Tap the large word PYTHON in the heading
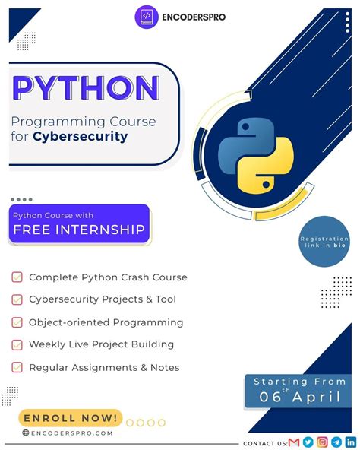pyautogui.click(x=85, y=89)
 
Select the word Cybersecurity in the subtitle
pyautogui.click(x=90, y=138)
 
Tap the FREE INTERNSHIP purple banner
pyautogui.click(x=79, y=224)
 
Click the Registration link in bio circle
pyautogui.click(x=324, y=242)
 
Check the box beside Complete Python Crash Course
pyautogui.click(x=17, y=277)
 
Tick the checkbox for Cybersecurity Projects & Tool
pyautogui.click(x=17, y=299)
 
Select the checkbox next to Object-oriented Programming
pyautogui.click(x=17, y=322)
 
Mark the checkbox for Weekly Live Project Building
pyautogui.click(x=17, y=344)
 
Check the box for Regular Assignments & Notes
pyautogui.click(x=17, y=367)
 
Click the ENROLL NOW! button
pyautogui.click(x=71, y=417)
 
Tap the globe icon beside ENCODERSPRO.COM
pyautogui.click(x=26, y=433)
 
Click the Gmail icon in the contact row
pyautogui.click(x=294, y=442)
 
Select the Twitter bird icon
pyautogui.click(x=308, y=442)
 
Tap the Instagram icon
pyautogui.click(x=322, y=442)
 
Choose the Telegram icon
pyautogui.click(x=336, y=442)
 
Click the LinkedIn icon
pyautogui.click(x=350, y=442)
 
